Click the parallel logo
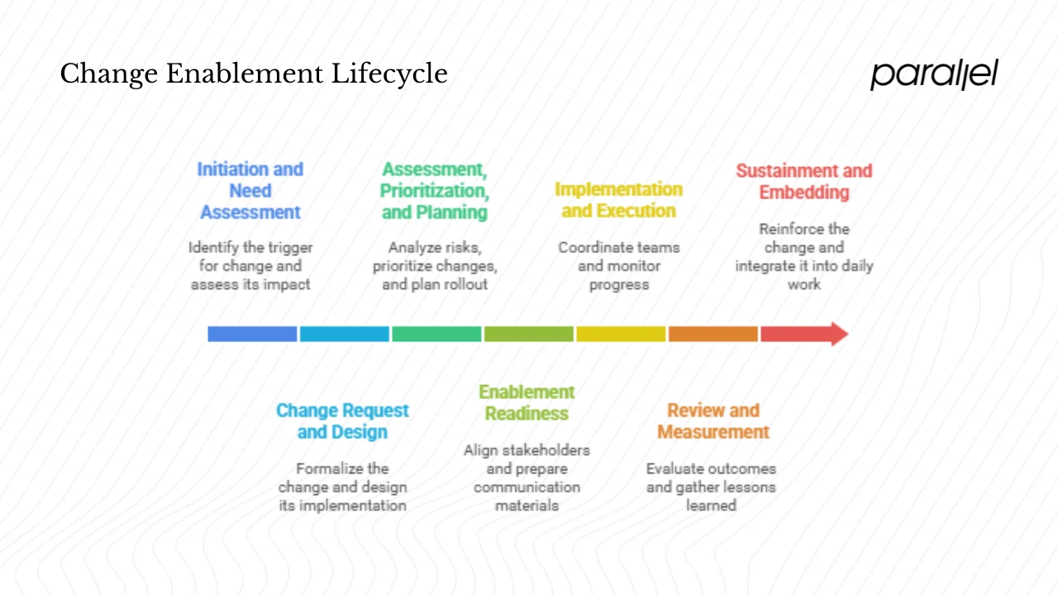pyautogui.click(x=933, y=74)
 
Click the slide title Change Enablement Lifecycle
pyautogui.click(x=254, y=74)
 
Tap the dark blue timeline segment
pyautogui.click(x=252, y=334)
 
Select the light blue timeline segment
pyautogui.click(x=344, y=334)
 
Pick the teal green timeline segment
pyautogui.click(x=436, y=334)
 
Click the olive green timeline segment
pyautogui.click(x=528, y=334)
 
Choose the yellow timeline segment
pyautogui.click(x=621, y=334)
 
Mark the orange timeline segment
pyautogui.click(x=712, y=334)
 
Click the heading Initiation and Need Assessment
pyautogui.click(x=250, y=191)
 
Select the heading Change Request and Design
pyautogui.click(x=342, y=421)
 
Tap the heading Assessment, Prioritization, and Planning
pyautogui.click(x=434, y=191)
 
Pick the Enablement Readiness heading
pyautogui.click(x=527, y=402)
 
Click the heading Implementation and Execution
pyautogui.click(x=618, y=200)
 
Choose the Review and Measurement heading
pyautogui.click(x=712, y=421)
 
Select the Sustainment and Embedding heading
pyautogui.click(x=803, y=182)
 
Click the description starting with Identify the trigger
pyautogui.click(x=250, y=266)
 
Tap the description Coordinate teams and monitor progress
pyautogui.click(x=618, y=266)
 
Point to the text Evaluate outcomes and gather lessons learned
pyautogui.click(x=711, y=487)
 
